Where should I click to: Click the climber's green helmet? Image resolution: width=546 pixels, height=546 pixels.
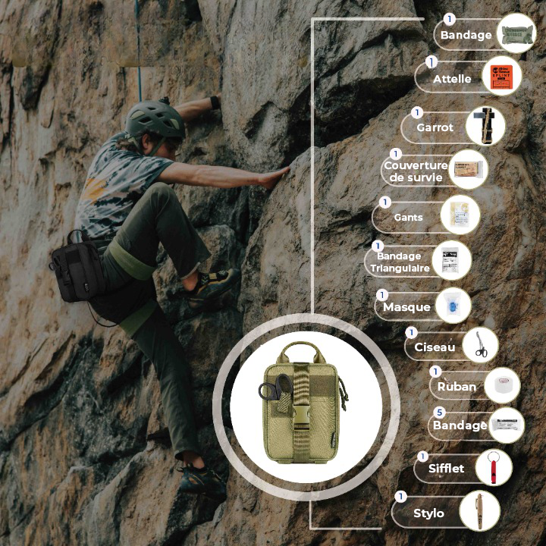pyautogui.click(x=155, y=118)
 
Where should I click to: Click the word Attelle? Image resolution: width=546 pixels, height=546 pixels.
pyautogui.click(x=452, y=79)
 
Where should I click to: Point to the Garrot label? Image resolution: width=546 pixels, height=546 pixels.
pyautogui.click(x=435, y=127)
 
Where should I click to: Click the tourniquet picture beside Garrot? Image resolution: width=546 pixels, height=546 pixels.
pyautogui.click(x=485, y=125)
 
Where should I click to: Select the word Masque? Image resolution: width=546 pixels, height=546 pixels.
pyautogui.click(x=406, y=307)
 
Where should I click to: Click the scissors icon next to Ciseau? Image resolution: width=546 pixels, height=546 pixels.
pyautogui.click(x=481, y=345)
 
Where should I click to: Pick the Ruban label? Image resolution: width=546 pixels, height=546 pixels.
pyautogui.click(x=457, y=386)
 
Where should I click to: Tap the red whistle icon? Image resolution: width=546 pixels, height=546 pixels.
pyautogui.click(x=493, y=467)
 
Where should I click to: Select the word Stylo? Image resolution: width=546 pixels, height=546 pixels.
pyautogui.click(x=428, y=513)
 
